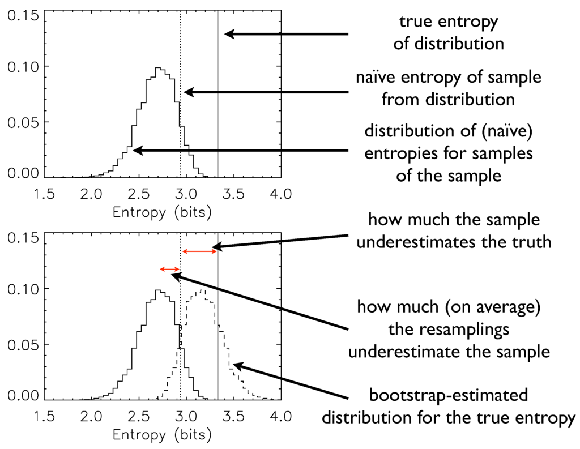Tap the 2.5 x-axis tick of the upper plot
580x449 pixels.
pyautogui.click(x=138, y=194)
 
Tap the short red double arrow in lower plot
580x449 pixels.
pyautogui.click(x=170, y=269)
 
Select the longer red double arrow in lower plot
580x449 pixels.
pyautogui.click(x=199, y=250)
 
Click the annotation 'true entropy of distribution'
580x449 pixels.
pyautogui.click(x=449, y=32)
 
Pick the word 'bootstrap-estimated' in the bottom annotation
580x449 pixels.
pyautogui.click(x=447, y=394)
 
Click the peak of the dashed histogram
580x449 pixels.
pyautogui.click(x=202, y=290)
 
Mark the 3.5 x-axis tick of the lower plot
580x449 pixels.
pyautogui.click(x=233, y=417)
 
